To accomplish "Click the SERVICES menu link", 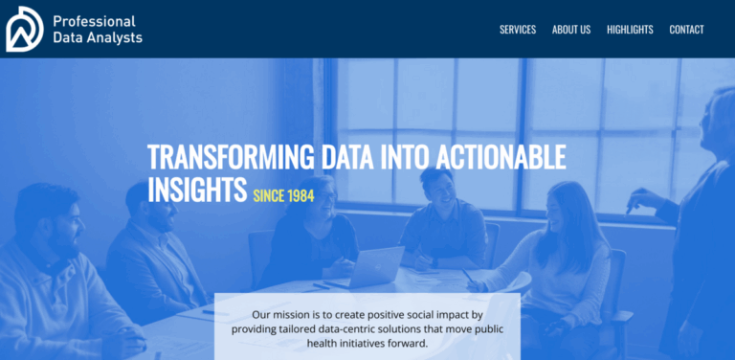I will (517, 30).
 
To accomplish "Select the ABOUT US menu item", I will (571, 30).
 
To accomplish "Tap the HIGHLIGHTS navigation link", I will (630, 30).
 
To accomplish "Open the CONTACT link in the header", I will (686, 30).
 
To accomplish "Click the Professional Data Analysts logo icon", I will (24, 29).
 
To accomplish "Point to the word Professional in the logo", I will (94, 21).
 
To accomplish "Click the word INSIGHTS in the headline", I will (197, 190).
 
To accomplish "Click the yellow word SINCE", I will (270, 195).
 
